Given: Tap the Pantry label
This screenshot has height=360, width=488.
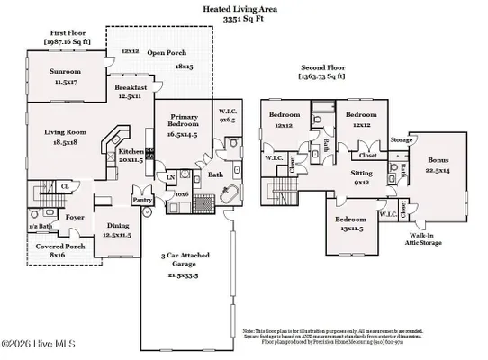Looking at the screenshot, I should (x=141, y=201).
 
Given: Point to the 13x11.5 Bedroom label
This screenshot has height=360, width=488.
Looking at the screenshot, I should (x=351, y=222).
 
